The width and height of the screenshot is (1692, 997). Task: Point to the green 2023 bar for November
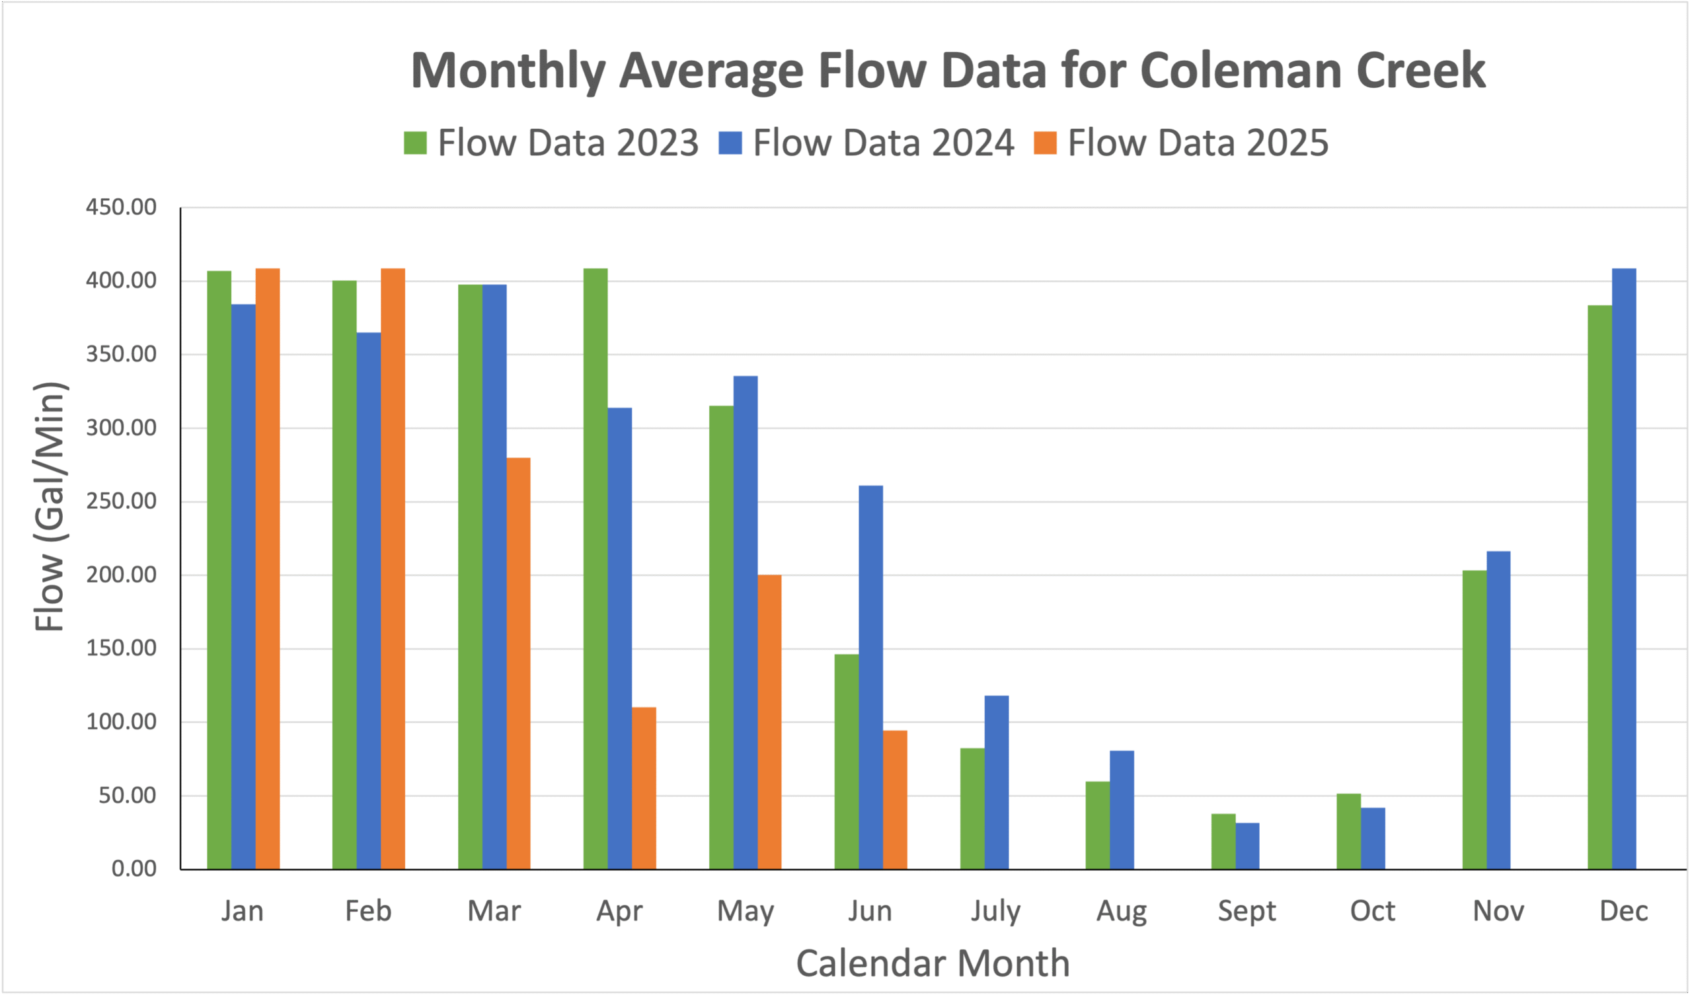pyautogui.click(x=1475, y=720)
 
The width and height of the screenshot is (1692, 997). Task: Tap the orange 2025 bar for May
pyautogui.click(x=769, y=721)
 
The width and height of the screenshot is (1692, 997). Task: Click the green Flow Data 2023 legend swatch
pyautogui.click(x=415, y=143)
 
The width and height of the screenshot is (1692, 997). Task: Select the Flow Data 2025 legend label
pyautogui.click(x=1198, y=143)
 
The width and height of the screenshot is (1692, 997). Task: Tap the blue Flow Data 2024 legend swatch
pyautogui.click(x=730, y=143)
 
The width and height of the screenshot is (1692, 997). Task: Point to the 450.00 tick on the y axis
pyautogui.click(x=121, y=207)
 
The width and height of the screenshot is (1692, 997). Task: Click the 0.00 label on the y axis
pyautogui.click(x=134, y=869)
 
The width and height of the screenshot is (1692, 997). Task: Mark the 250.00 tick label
pyautogui.click(x=121, y=501)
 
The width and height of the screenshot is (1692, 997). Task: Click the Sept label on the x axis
pyautogui.click(x=1247, y=912)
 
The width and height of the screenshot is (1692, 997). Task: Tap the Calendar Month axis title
pyautogui.click(x=933, y=963)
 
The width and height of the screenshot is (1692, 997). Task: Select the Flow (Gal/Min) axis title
pyautogui.click(x=50, y=507)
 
